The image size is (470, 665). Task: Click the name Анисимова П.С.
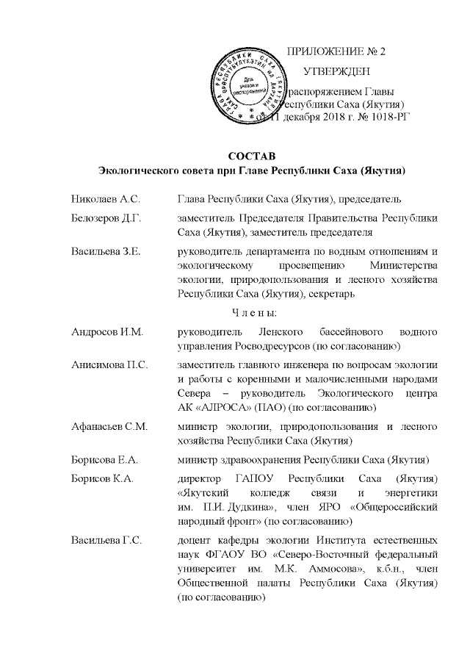[x=108, y=365]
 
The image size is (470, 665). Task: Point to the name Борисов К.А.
[x=102, y=479]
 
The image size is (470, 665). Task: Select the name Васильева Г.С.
[x=106, y=542]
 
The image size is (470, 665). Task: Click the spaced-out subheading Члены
[x=253, y=314]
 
